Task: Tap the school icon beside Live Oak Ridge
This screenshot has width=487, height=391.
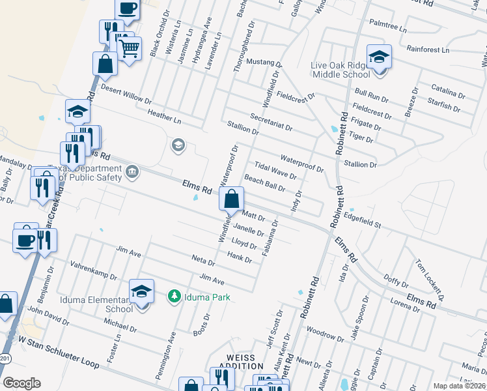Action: [x=378, y=57]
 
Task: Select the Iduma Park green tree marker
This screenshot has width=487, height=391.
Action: [x=174, y=297]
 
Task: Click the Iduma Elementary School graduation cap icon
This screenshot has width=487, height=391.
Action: [x=141, y=291]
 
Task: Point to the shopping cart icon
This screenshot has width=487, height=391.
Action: [x=129, y=48]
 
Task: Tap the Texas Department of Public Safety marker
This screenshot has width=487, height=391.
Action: [x=133, y=172]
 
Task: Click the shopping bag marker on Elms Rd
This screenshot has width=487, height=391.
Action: [x=232, y=200]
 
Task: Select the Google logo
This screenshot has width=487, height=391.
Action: [x=22, y=383]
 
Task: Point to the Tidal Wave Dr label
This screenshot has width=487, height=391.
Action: [x=275, y=171]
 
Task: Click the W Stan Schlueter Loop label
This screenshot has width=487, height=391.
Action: [x=58, y=352]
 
